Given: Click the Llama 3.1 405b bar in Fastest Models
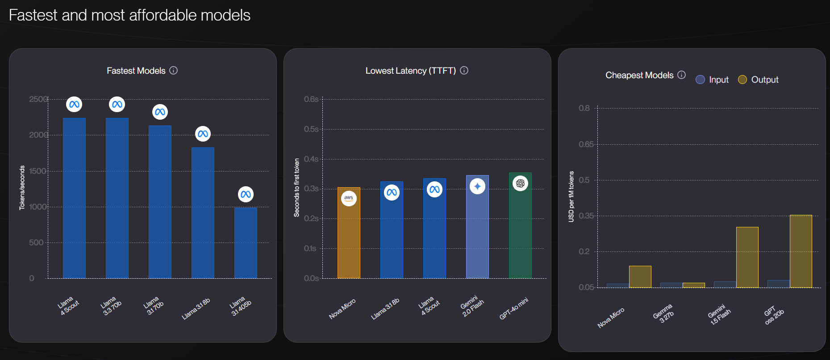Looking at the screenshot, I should coord(246,243).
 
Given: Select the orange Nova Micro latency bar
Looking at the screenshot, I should coord(349,237).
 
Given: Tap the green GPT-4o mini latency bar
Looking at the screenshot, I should coord(520,228).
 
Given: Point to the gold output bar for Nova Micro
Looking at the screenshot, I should coord(640,276).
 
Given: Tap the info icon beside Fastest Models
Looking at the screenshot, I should coord(174,71).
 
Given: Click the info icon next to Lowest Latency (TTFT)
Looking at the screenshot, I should coord(464,71).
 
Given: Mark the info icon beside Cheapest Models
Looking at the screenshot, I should coord(681,75).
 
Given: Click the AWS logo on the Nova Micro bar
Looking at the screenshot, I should coord(349,198).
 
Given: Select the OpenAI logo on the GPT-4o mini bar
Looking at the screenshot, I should coord(520,183).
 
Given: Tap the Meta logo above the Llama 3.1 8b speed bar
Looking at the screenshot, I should coord(203,134).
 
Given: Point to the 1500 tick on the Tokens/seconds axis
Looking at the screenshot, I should coord(38,171).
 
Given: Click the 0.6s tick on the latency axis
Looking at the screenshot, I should coord(311,99).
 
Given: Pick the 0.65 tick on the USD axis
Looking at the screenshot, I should coord(586,144).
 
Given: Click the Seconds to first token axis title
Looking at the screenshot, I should coord(297,188).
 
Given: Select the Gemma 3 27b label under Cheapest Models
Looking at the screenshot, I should coord(663,313).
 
